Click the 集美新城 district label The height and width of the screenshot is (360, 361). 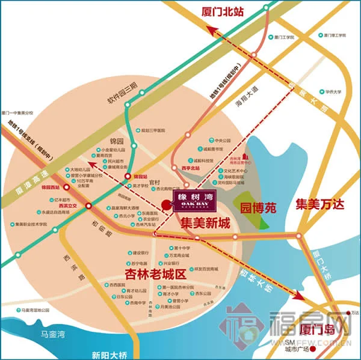pyautogui.click(x=206, y=224)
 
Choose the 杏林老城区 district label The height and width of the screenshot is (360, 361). pyautogui.click(x=153, y=274)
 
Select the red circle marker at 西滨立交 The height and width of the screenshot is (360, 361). pyautogui.click(x=89, y=206)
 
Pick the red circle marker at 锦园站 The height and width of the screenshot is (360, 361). pyautogui.click(x=128, y=176)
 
